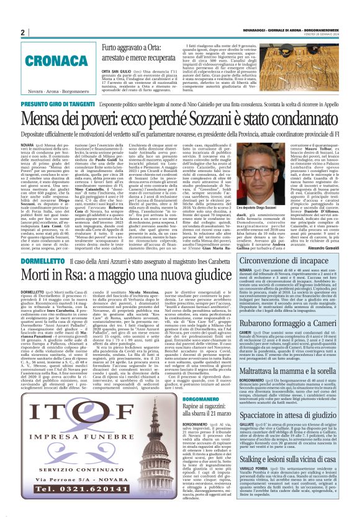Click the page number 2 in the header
pyautogui.click(x=22, y=32)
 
